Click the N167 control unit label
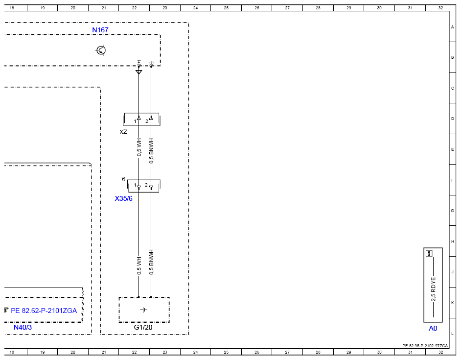click(x=100, y=30)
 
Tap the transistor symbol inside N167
click(x=101, y=50)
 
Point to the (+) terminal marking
click(x=139, y=62)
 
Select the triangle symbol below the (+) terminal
click(x=139, y=72)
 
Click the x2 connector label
click(x=123, y=132)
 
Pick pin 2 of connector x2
click(x=147, y=121)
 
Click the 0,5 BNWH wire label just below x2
click(x=151, y=151)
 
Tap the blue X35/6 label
click(x=123, y=199)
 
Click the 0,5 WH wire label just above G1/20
click(x=139, y=266)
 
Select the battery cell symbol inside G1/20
click(x=143, y=310)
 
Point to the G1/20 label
click(x=143, y=327)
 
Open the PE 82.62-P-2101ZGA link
click(x=44, y=311)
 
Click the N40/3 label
click(x=23, y=327)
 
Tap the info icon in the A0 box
click(x=429, y=253)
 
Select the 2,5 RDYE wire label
click(x=434, y=289)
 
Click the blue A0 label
click(x=433, y=329)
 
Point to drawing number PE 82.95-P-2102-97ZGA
click(x=425, y=346)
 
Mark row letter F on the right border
click(x=453, y=180)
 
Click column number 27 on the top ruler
click(x=287, y=8)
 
